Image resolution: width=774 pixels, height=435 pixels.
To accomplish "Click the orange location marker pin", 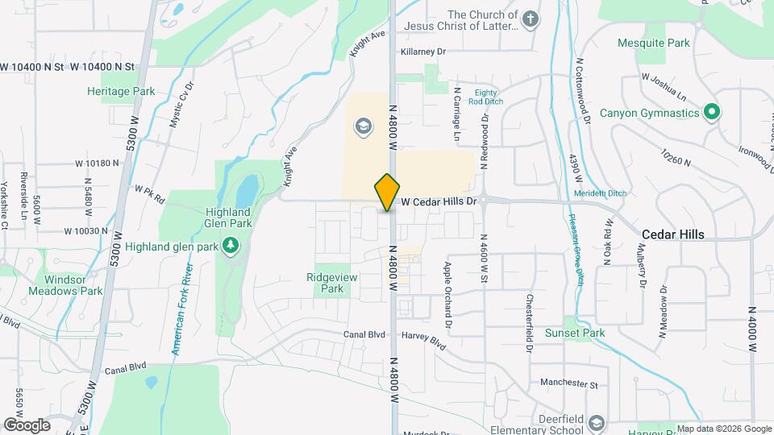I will tap(387, 193).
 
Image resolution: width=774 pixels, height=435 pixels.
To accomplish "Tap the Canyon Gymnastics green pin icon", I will tap(712, 112).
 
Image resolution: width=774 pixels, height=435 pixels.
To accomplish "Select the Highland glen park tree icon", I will tap(231, 243).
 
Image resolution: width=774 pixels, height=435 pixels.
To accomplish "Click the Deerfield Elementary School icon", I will tap(596, 423).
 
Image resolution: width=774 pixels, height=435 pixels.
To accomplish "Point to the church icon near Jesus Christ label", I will tap(530, 20).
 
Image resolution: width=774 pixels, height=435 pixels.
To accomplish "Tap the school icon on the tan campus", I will tap(363, 126).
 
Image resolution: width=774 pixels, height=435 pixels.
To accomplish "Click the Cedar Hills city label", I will tap(672, 234).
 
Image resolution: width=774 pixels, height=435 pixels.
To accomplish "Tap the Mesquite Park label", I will tap(654, 43).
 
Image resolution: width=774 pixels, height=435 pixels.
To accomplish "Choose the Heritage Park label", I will tap(121, 91).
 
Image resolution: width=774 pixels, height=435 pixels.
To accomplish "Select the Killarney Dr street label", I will tap(423, 51).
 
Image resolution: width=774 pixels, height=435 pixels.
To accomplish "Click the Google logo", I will tap(27, 425).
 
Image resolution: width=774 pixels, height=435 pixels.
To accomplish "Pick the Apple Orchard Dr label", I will tap(447, 293).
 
